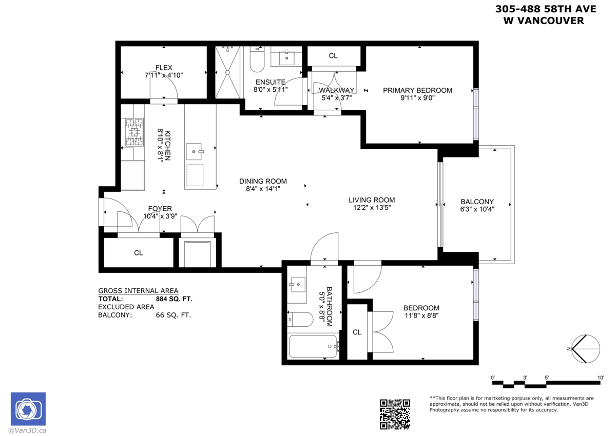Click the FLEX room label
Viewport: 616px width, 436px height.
(164, 68)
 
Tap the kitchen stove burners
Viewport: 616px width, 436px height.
(134, 132)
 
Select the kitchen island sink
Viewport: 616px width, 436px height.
(195, 151)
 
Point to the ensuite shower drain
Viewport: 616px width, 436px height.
(227, 72)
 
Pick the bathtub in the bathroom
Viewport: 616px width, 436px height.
(313, 347)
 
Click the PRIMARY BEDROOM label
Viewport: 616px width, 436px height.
(417, 90)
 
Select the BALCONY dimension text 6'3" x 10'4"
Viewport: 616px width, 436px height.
(477, 209)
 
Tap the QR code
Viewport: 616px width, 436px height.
(395, 414)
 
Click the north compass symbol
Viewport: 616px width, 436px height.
(585, 349)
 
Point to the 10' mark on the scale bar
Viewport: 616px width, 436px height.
(601, 378)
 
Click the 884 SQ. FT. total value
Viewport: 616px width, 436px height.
(174, 299)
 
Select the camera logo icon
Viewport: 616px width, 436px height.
(28, 409)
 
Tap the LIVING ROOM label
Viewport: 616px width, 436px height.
(372, 200)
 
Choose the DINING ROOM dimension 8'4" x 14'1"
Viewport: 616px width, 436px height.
(263, 189)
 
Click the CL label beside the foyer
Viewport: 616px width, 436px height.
(138, 253)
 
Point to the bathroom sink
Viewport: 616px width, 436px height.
(297, 283)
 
